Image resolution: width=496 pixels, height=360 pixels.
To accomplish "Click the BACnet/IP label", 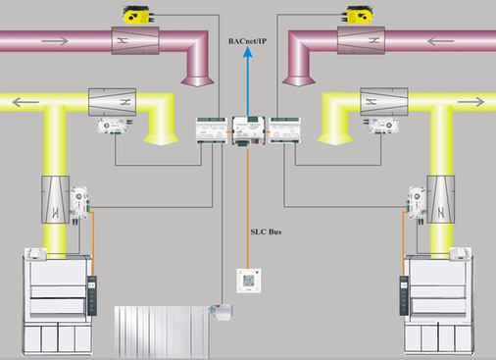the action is click(x=247, y=41).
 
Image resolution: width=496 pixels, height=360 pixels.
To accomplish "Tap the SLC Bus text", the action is click(x=266, y=231).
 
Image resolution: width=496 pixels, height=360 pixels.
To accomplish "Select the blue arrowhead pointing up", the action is click(x=248, y=52).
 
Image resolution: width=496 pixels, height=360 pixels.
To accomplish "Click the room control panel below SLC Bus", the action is click(x=249, y=281).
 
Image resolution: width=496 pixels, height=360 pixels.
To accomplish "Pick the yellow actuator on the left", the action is click(x=137, y=15).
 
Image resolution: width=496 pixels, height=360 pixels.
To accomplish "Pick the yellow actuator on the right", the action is click(x=358, y=15).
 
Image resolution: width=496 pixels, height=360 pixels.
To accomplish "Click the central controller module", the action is click(x=248, y=130).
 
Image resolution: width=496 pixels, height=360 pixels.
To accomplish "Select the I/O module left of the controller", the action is click(x=212, y=130).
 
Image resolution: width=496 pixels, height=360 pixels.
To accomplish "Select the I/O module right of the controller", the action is click(x=284, y=130).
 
